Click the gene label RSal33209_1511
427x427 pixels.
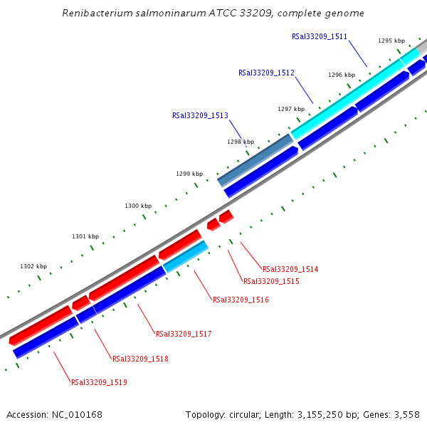tap(320, 36)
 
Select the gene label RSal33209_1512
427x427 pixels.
tap(266, 73)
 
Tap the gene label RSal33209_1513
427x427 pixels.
tap(200, 115)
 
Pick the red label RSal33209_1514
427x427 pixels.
tap(290, 270)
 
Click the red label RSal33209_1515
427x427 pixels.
tap(271, 282)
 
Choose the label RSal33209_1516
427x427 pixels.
tap(241, 300)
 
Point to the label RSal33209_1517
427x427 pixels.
tap(184, 334)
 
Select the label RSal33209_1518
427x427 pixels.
tap(140, 359)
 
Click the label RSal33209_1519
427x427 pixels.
tap(99, 383)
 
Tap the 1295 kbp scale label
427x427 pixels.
tap(391, 41)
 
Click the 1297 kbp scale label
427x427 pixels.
tap(290, 110)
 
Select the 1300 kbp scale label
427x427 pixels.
tap(138, 206)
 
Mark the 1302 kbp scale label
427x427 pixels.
tap(33, 267)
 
